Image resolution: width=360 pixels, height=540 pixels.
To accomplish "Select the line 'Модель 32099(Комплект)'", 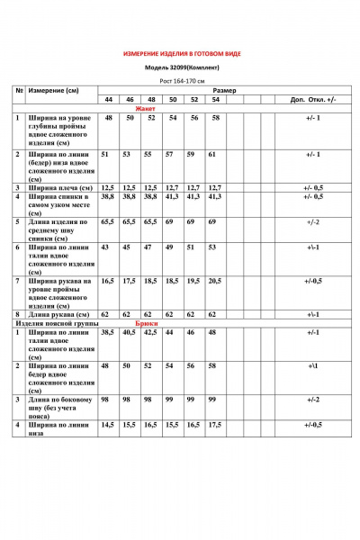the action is tap(181, 67).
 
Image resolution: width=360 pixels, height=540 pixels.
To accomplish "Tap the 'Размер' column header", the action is tap(225, 91).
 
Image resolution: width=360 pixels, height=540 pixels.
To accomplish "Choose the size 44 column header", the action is tap(109, 99).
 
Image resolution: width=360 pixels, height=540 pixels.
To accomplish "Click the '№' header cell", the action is tap(19, 91).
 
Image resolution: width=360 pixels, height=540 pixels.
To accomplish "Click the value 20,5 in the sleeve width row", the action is tap(213, 281).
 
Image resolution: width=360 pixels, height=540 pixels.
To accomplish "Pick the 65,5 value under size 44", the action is tap(109, 220).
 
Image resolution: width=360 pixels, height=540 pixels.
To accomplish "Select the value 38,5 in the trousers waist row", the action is tap(109, 333).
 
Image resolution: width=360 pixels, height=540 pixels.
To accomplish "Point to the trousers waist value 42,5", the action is tap(150, 333).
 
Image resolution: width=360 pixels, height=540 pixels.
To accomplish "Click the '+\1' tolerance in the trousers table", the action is tap(313, 367).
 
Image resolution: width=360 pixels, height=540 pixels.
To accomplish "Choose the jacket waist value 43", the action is tap(109, 247).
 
